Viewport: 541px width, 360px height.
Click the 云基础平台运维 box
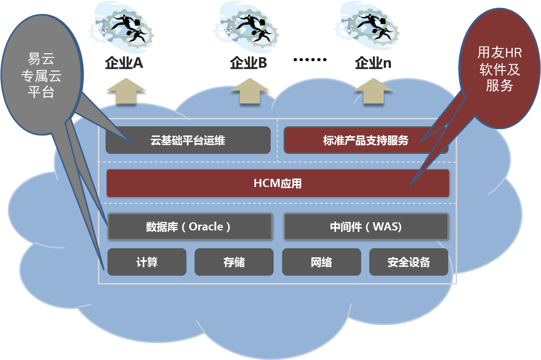point(188,140)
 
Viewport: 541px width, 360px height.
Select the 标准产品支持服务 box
point(366,140)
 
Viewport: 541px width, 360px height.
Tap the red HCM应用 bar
point(278,183)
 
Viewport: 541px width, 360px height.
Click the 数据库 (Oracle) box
point(189,226)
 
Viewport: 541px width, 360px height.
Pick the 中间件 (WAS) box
point(366,226)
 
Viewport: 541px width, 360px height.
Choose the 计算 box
point(147,262)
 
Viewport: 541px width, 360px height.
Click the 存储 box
point(234,262)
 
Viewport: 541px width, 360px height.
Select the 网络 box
point(321,262)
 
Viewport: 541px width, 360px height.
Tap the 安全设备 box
point(409,262)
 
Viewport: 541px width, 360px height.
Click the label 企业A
point(124,63)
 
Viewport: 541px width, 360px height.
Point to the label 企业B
point(249,63)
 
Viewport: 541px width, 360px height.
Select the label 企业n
point(373,63)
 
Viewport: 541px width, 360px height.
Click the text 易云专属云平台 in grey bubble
point(41,75)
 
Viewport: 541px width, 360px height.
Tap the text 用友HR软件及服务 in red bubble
point(499,69)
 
